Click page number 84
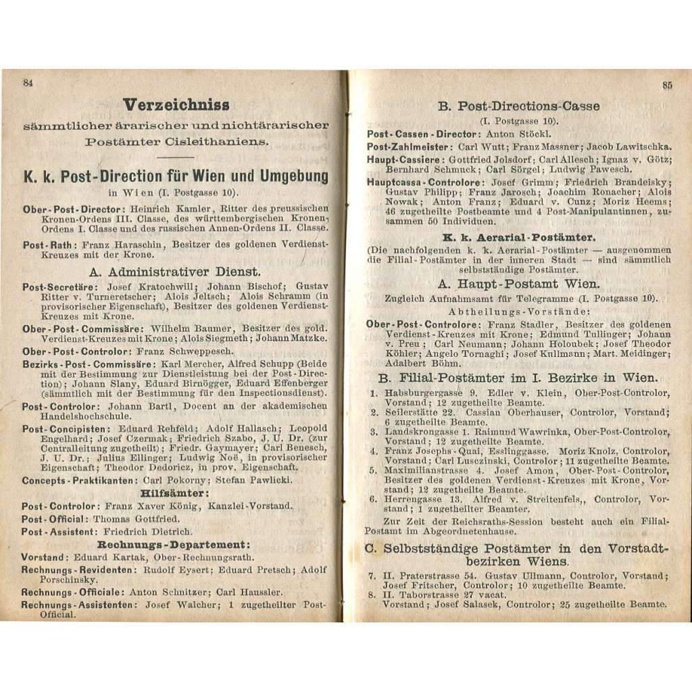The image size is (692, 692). pyautogui.click(x=28, y=84)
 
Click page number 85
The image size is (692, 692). pyautogui.click(x=666, y=85)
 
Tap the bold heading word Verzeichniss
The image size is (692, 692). pyautogui.click(x=176, y=105)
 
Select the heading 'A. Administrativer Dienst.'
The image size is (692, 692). pyautogui.click(x=175, y=272)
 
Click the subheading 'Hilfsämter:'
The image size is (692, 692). pyautogui.click(x=174, y=493)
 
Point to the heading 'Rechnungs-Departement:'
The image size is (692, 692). pyautogui.click(x=174, y=545)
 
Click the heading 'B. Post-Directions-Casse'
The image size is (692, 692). pyautogui.click(x=518, y=106)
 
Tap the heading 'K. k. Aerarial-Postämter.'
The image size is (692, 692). pyautogui.click(x=518, y=237)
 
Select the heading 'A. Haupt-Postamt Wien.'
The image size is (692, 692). pyautogui.click(x=518, y=285)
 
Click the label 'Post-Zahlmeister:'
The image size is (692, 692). pyautogui.click(x=409, y=147)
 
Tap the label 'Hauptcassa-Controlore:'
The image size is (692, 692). pyautogui.click(x=426, y=183)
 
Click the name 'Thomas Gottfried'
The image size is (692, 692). pyautogui.click(x=137, y=519)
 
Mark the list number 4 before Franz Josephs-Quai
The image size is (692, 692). pyautogui.click(x=372, y=450)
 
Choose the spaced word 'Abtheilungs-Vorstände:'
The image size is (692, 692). pyautogui.click(x=518, y=312)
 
